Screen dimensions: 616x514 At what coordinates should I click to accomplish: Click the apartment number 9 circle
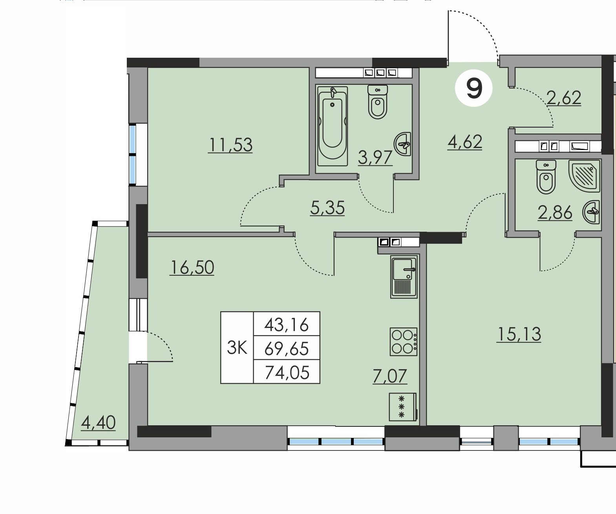474,88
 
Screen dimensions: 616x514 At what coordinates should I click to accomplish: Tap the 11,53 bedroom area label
230,145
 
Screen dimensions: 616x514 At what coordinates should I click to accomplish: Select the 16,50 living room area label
192,268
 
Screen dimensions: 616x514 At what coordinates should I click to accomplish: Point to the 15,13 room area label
519,335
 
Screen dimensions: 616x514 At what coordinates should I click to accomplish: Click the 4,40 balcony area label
98,423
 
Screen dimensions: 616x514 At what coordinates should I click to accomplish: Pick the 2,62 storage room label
564,98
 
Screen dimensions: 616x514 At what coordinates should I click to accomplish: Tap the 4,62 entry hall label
465,142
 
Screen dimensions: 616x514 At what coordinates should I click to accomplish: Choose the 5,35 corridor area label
327,208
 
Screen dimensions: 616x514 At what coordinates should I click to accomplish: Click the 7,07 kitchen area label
390,376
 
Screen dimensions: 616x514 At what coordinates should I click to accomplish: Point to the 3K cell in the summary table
237,348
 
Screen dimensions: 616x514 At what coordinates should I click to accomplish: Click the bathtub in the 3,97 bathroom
332,126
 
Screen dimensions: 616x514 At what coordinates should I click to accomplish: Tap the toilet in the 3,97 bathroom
378,102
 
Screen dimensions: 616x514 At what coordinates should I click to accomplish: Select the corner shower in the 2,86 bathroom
585,176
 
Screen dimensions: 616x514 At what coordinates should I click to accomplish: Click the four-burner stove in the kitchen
404,342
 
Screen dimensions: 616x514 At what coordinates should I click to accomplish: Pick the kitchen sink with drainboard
404,277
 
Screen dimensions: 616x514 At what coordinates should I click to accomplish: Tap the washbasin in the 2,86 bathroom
591,212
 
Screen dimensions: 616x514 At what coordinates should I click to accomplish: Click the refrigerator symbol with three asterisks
403,407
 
